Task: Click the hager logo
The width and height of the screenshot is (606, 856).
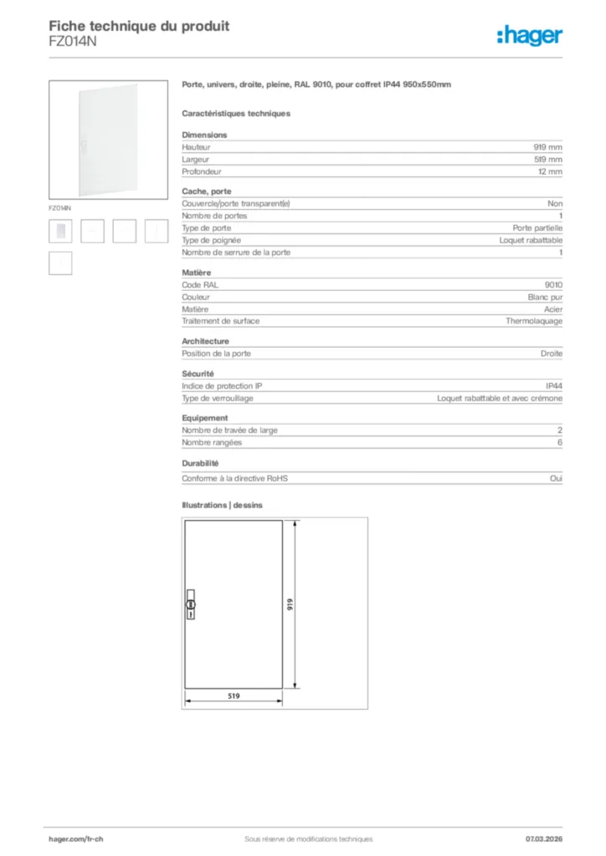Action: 530,35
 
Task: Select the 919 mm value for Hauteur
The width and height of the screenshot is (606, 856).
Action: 549,146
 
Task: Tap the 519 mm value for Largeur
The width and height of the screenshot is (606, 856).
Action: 548,159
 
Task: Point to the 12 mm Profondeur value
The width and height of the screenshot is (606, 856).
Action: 550,171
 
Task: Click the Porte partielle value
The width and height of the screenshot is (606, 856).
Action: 537,227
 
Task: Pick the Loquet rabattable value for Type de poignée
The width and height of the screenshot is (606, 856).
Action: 531,240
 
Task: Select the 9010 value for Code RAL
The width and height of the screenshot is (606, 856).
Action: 553,285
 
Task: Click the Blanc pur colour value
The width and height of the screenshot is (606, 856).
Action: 545,297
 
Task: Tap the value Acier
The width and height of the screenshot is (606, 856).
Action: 553,309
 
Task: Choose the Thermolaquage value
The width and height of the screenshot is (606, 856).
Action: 534,321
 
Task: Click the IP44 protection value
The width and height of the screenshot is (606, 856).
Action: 554,385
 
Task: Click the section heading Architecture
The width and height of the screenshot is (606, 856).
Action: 205,341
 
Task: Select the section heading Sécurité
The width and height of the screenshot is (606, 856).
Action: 198,374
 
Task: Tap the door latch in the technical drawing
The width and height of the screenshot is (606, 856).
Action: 190,604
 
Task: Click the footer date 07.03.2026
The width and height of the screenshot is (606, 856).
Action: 543,838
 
